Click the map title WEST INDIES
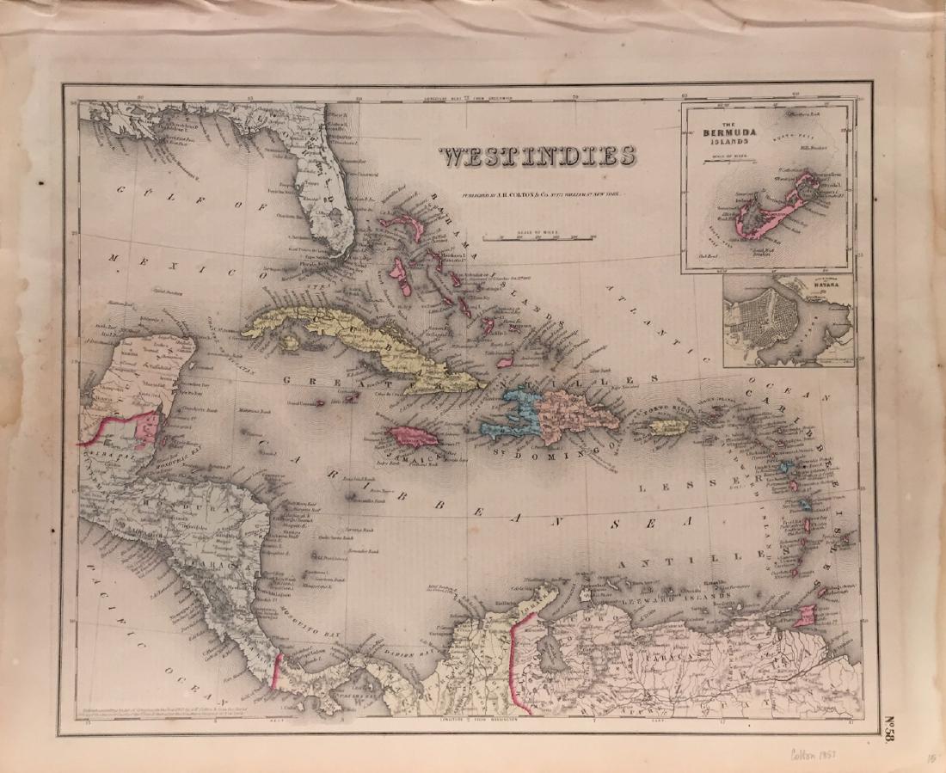537,156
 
